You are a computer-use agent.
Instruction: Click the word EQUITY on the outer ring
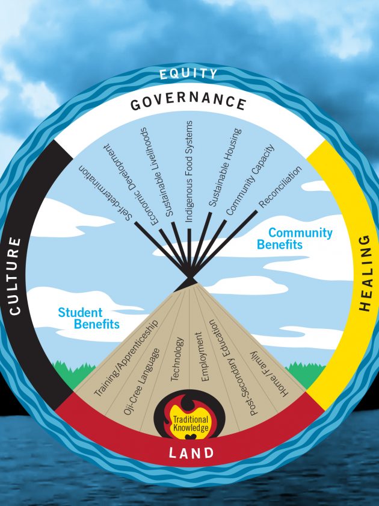pos(189,74)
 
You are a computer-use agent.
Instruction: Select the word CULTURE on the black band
pos(15,275)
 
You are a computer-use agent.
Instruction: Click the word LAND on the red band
pos(189,452)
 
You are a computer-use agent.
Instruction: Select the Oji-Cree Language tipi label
pos(144,380)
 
